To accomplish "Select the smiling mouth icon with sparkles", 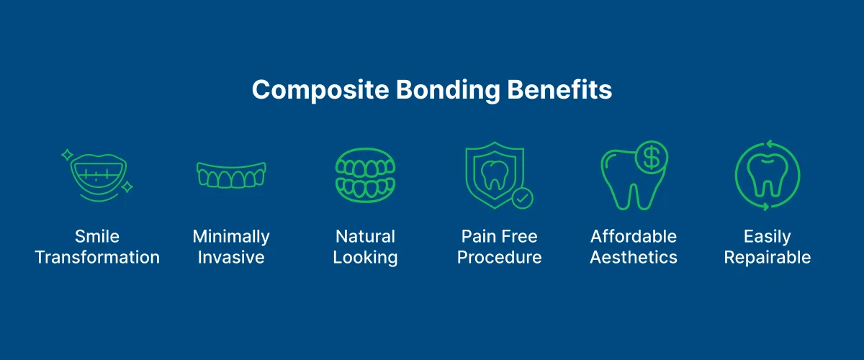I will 96,174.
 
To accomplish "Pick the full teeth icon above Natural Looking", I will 365,175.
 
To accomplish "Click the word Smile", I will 97,237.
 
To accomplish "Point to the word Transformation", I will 97,258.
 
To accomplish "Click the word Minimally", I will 231,237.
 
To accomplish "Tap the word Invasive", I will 231,258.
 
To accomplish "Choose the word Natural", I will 365,237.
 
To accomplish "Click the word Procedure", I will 499,258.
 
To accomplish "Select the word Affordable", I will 634,237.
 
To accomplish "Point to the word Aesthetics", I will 634,258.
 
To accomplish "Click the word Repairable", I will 768,258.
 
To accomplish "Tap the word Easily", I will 768,237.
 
